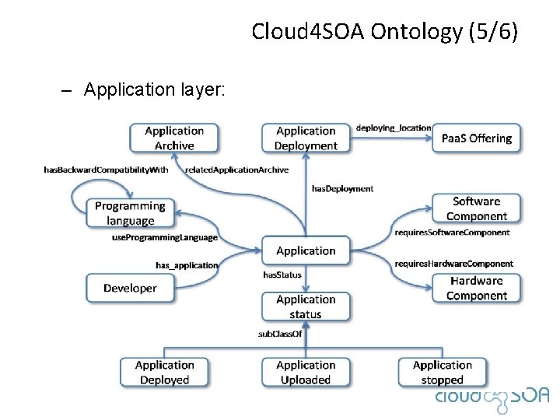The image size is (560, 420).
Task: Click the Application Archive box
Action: [174, 138]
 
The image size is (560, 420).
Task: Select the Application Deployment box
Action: [306, 138]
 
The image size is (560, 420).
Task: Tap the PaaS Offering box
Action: [477, 138]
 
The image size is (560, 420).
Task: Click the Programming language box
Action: [130, 213]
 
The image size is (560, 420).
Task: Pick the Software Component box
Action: [477, 208]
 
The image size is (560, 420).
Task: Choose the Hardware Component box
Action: [477, 288]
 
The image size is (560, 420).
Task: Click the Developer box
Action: [130, 288]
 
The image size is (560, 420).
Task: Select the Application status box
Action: [306, 306]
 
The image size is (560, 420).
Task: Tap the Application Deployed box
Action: [164, 372]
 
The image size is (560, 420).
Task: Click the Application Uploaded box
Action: [306, 372]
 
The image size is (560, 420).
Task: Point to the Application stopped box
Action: [443, 372]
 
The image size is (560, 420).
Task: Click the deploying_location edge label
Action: [393, 128]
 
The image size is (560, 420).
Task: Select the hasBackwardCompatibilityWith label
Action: [106, 170]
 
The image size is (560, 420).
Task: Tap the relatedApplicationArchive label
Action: [236, 170]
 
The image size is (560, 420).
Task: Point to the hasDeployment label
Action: [342, 188]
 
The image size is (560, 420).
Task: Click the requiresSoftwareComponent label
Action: [452, 232]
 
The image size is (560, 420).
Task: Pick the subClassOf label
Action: [279, 334]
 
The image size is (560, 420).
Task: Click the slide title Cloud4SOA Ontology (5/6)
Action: [384, 32]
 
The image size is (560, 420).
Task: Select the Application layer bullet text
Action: [154, 89]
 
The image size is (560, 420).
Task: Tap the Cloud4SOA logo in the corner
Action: [492, 396]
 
